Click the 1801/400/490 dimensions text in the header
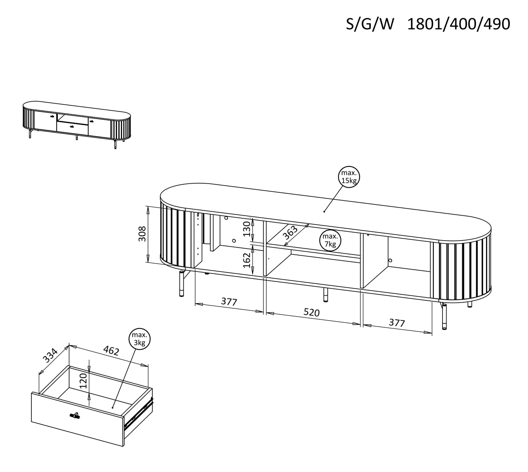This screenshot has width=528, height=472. tap(458, 24)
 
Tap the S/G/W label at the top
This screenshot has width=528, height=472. tap(370, 24)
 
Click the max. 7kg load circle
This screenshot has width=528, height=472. tap(330, 240)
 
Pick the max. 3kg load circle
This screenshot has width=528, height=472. tap(139, 339)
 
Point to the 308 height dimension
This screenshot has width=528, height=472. tap(143, 234)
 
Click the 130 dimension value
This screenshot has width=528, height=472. tap(248, 229)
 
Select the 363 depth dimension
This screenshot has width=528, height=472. tap(290, 233)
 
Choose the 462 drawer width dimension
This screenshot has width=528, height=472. tap(111, 351)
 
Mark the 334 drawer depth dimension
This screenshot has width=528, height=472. tap(50, 355)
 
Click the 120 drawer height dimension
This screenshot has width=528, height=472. tap(83, 381)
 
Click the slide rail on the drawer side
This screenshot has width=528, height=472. tap(139, 412)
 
